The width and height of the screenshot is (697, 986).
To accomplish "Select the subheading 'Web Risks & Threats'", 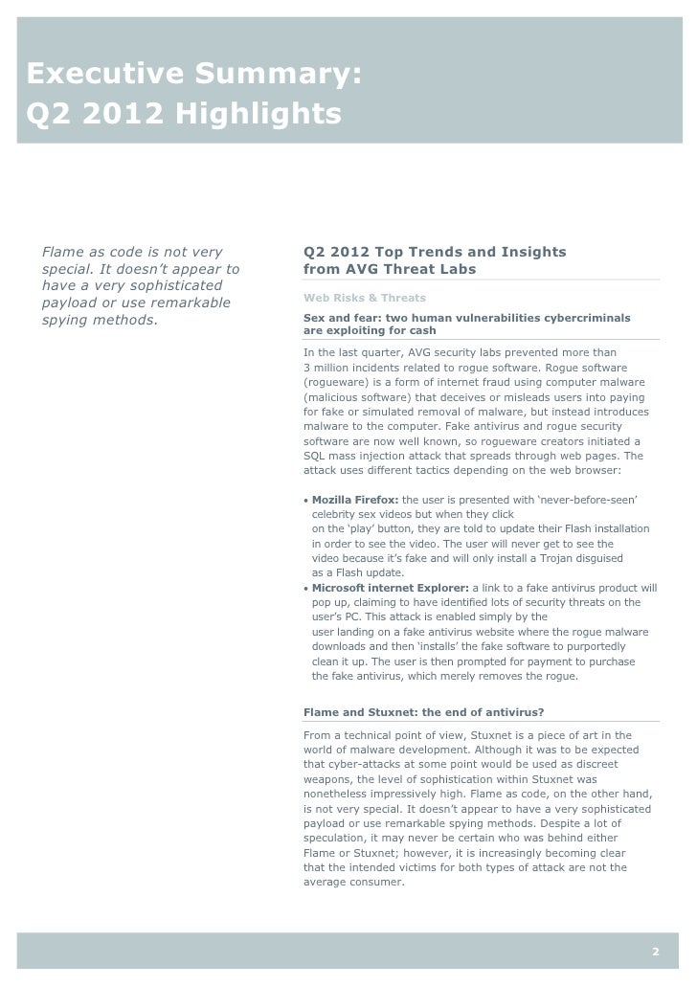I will click(364, 298).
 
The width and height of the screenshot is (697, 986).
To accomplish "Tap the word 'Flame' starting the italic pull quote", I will click(61, 253).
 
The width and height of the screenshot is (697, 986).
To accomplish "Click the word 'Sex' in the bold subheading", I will click(314, 317).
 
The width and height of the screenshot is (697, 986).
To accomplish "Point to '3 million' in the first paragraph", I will click(328, 369).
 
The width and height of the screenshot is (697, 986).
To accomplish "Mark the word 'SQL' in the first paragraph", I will click(315, 456).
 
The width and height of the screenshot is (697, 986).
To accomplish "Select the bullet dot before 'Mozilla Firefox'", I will click(305, 502).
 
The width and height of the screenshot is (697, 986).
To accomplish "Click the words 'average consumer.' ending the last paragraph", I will click(354, 883).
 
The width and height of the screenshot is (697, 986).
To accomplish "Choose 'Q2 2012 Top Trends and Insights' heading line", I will click(434, 253).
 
